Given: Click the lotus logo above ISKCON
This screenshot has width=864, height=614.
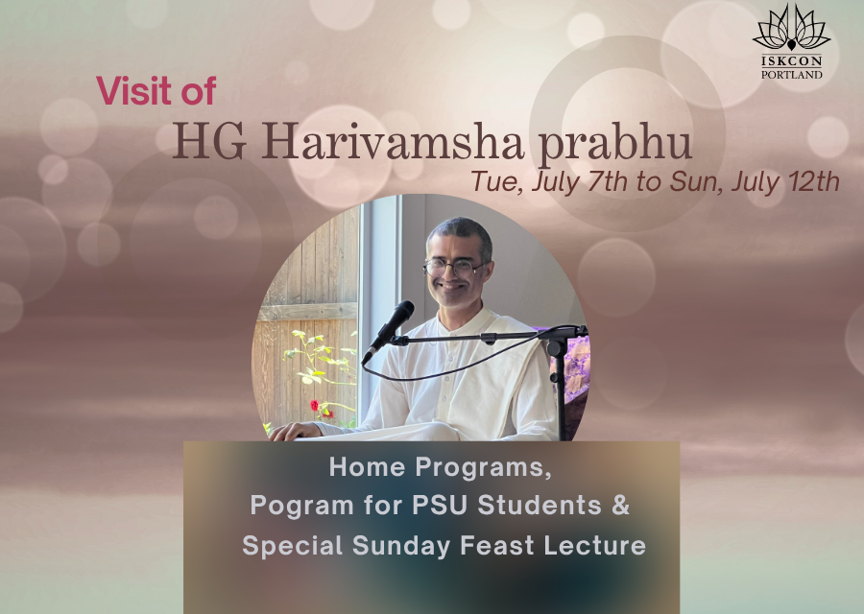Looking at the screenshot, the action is (x=792, y=27).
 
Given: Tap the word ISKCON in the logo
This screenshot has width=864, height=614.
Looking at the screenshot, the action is (x=792, y=60).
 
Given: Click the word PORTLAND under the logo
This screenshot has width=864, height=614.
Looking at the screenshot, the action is (x=792, y=74).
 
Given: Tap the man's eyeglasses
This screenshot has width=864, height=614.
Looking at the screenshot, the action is (x=455, y=268).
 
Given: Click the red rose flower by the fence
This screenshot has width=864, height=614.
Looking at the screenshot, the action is (x=315, y=406).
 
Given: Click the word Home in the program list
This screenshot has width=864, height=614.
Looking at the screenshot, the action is (x=367, y=467).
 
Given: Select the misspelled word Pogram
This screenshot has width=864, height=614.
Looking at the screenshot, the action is (x=302, y=506).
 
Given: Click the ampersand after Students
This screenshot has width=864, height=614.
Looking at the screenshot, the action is (x=621, y=505).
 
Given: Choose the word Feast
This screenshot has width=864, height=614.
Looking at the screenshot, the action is (x=497, y=546).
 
